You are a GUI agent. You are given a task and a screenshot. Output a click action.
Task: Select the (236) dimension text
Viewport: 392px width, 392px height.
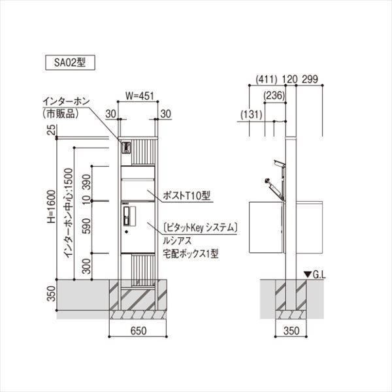tap(275, 96)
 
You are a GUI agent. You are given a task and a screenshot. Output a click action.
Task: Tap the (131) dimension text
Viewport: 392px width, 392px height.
tap(251, 114)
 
